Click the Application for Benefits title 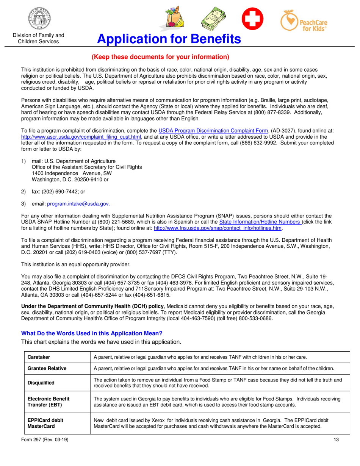point(169,39)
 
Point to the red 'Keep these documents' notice point(160,57)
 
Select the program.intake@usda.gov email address point(78,204)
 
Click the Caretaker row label point(39,357)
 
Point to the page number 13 point(336,439)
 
